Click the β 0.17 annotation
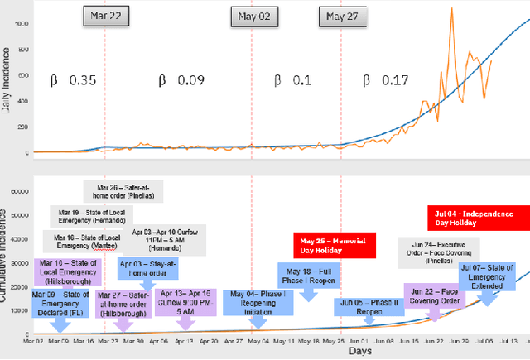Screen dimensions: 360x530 [x=385, y=81]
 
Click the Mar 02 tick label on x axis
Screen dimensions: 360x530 [x=34, y=339]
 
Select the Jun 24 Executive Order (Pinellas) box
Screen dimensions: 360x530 [x=442, y=252]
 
